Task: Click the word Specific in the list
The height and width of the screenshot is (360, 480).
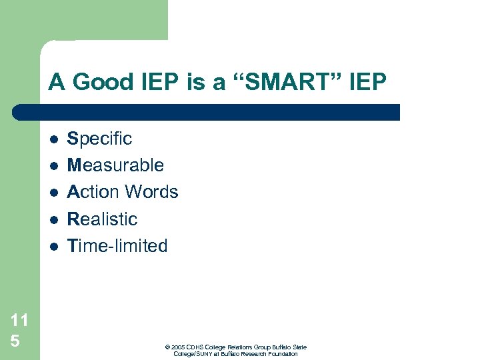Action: click(x=99, y=139)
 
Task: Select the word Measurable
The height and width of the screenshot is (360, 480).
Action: click(x=115, y=165)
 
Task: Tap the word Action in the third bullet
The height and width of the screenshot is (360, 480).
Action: click(x=93, y=192)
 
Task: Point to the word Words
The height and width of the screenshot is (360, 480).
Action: click(x=151, y=192)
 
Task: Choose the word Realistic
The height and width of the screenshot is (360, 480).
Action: click(x=102, y=219)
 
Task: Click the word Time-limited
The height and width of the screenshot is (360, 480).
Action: click(x=117, y=245)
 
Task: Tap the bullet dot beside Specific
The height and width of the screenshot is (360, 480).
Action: click(x=54, y=139)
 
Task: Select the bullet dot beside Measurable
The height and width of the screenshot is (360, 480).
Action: click(x=54, y=166)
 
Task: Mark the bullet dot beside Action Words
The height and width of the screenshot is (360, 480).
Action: click(x=54, y=193)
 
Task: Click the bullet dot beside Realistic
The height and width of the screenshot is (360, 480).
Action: click(x=54, y=219)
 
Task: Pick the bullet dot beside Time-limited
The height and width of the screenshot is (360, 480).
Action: click(x=54, y=246)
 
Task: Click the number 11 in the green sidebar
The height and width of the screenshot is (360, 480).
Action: click(x=19, y=320)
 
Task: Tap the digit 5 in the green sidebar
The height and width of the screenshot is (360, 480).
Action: click(x=15, y=341)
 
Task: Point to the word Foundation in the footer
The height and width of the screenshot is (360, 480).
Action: click(x=282, y=353)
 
